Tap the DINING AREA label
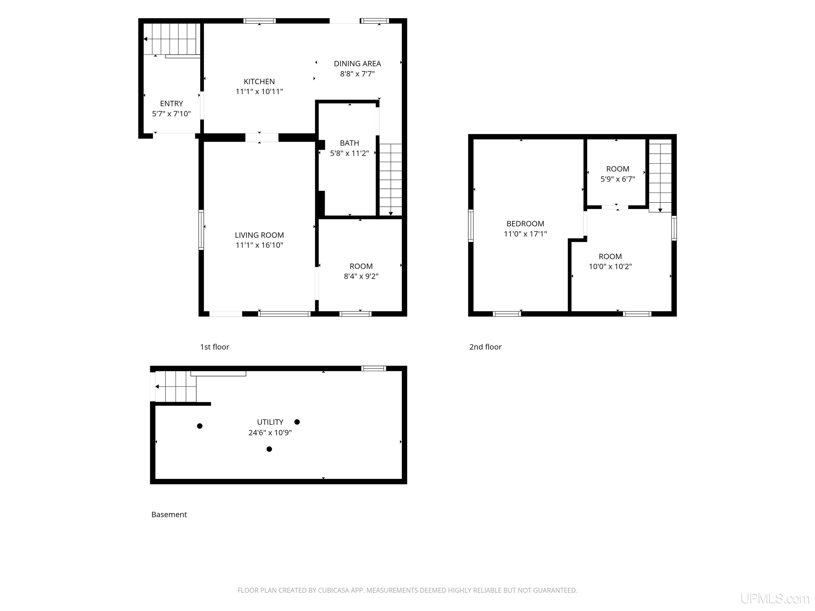(357, 63)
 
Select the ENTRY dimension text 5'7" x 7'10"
(171, 114)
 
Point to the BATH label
(349, 143)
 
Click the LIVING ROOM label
(259, 235)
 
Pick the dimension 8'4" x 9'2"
(361, 276)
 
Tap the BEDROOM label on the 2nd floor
(525, 224)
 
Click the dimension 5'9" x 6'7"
(618, 179)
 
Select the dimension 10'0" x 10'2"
(610, 266)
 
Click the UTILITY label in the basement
(270, 422)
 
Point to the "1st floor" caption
(214, 347)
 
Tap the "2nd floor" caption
(485, 347)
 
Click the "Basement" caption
(169, 514)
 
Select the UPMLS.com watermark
(775, 599)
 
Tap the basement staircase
(176, 386)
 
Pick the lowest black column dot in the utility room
(269, 449)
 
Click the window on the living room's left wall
(201, 230)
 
